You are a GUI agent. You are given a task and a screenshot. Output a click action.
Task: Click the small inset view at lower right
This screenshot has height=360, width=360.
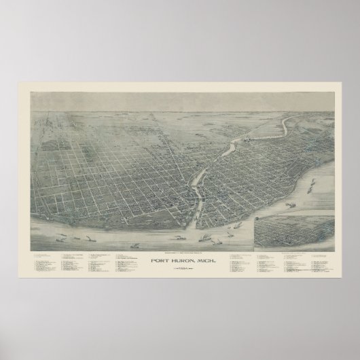click(293, 231)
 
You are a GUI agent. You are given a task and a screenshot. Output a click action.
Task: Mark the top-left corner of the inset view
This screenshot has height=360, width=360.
click(253, 217)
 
